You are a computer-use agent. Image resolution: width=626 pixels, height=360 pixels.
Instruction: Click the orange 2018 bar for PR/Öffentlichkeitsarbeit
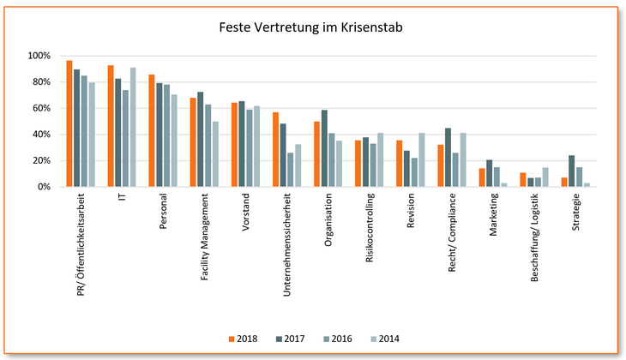pyautogui.click(x=69, y=123)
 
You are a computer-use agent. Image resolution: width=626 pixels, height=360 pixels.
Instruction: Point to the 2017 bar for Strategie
pyautogui.click(x=571, y=171)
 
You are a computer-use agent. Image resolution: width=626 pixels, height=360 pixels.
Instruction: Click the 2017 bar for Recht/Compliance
pyautogui.click(x=448, y=157)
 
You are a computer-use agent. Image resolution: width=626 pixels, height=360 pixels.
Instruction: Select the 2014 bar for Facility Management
pyautogui.click(x=214, y=154)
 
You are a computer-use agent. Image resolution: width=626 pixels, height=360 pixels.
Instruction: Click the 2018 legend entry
pyautogui.click(x=244, y=339)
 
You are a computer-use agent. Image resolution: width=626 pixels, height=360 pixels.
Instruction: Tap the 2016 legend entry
pyautogui.click(x=334, y=339)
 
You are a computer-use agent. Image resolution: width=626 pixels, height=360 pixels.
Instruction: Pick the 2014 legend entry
pyautogui.click(x=380, y=339)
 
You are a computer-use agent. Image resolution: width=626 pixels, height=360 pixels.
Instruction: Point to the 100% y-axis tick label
pyautogui.click(x=40, y=56)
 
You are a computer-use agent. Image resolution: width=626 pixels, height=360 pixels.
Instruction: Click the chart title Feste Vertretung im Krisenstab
pyautogui.click(x=312, y=27)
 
